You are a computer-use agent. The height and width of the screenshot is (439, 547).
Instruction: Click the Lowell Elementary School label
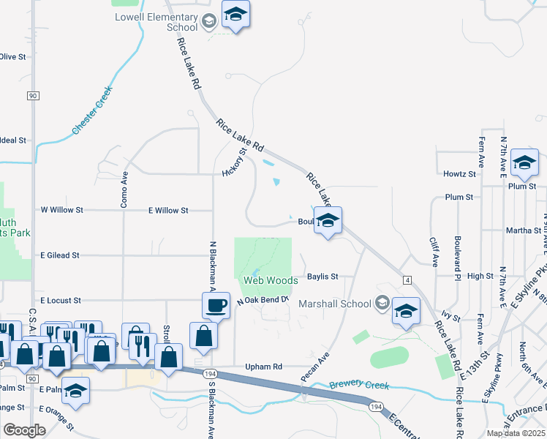(x=156, y=22)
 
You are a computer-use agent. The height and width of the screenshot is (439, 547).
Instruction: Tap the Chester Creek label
(x=92, y=110)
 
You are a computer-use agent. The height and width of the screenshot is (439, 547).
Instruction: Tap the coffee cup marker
(x=216, y=306)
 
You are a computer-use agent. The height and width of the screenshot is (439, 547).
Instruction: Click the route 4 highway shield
(x=407, y=279)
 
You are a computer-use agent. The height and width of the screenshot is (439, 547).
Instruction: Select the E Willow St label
(x=168, y=210)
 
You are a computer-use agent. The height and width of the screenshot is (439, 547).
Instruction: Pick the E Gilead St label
(x=59, y=255)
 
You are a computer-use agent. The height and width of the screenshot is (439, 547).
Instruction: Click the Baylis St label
(x=322, y=277)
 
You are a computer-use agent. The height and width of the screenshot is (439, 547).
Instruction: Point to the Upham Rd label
(x=264, y=367)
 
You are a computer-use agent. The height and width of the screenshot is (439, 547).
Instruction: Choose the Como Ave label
(x=124, y=188)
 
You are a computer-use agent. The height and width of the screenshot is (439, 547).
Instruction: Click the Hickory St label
(x=232, y=162)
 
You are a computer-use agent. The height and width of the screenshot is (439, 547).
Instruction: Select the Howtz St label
(x=459, y=174)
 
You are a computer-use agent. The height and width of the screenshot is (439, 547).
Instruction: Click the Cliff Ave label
(x=433, y=251)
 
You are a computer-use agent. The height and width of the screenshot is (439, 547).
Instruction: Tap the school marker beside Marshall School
(x=405, y=311)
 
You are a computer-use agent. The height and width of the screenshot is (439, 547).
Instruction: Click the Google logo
(x=24, y=430)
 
